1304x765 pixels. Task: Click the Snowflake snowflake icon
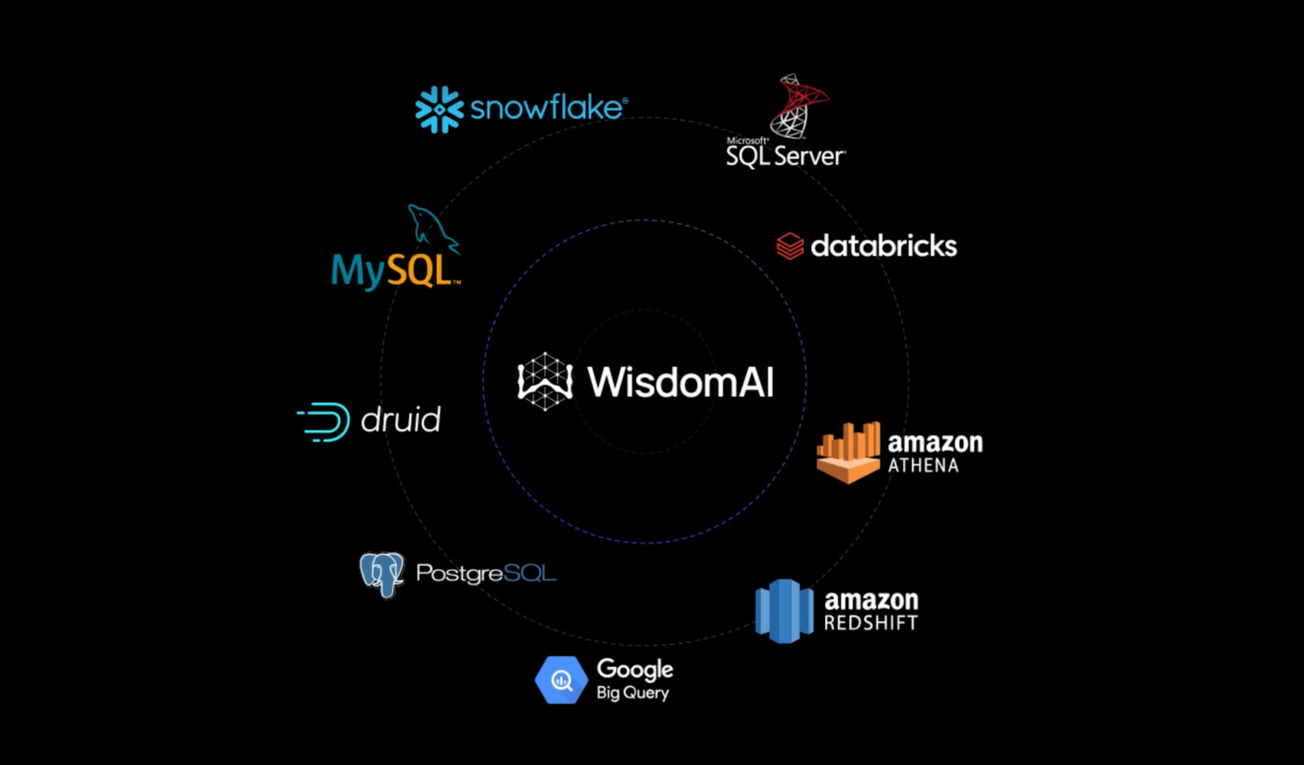tap(439, 109)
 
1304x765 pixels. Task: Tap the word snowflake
tap(548, 108)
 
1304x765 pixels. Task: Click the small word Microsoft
tap(747, 140)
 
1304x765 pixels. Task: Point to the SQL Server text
tap(785, 156)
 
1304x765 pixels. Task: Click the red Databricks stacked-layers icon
tap(790, 246)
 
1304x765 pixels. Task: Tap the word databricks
tap(884, 246)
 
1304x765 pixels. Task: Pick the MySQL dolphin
tap(431, 228)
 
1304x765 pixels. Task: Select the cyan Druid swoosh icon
tap(325, 421)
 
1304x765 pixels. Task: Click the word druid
tap(401, 420)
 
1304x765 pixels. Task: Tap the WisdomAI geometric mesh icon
tap(545, 382)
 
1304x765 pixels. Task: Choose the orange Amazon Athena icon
tap(848, 453)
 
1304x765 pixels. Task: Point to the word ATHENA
tap(923, 465)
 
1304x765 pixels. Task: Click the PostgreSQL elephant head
tap(383, 573)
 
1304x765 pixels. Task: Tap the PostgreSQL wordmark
tap(486, 573)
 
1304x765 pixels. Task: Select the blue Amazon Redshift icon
tap(784, 611)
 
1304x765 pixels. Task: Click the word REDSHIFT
tap(871, 623)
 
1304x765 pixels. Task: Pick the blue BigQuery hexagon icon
tap(561, 680)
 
